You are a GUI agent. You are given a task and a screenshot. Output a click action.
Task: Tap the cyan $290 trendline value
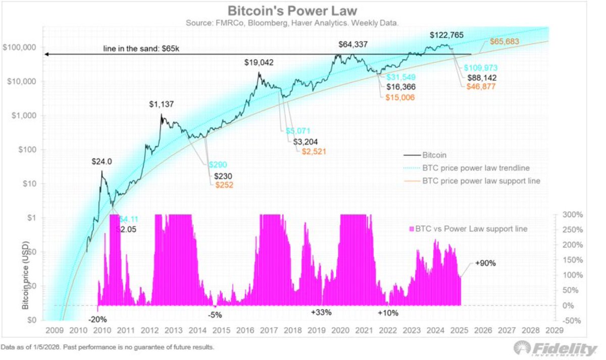[x=219, y=165]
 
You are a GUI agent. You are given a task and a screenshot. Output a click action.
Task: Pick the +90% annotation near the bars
[x=486, y=264]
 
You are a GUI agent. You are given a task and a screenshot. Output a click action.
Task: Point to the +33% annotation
[x=321, y=313]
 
